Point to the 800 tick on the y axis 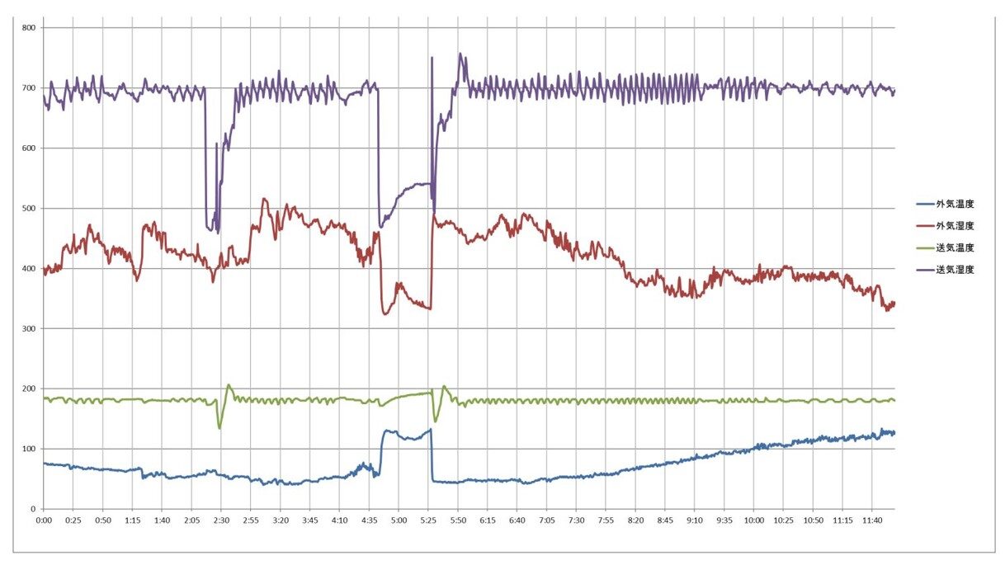pyautogui.click(x=28, y=28)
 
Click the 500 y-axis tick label pyautogui.click(x=28, y=209)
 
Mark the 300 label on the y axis pyautogui.click(x=28, y=329)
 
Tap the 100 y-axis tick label pyautogui.click(x=28, y=449)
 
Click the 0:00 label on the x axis pyautogui.click(x=44, y=520)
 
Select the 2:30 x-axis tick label pyautogui.click(x=221, y=520)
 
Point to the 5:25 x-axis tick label pyautogui.click(x=428, y=520)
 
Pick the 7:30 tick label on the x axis pyautogui.click(x=576, y=520)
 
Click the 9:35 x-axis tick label pyautogui.click(x=724, y=520)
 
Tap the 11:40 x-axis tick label pyautogui.click(x=871, y=520)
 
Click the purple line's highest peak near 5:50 pyautogui.click(x=460, y=54)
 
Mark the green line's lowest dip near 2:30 pyautogui.click(x=219, y=427)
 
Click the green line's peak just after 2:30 pyautogui.click(x=229, y=385)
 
